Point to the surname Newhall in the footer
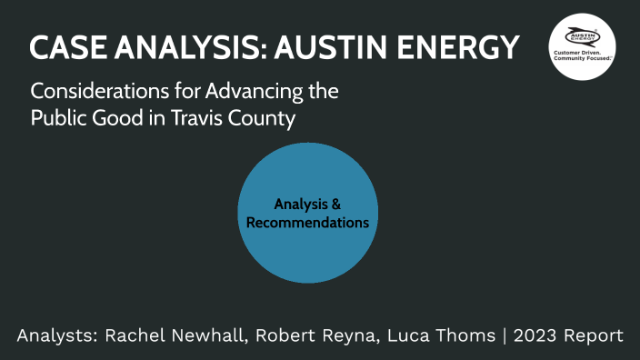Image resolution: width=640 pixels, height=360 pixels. pyautogui.click(x=210, y=336)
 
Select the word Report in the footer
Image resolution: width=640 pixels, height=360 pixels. pyautogui.click(x=593, y=336)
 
